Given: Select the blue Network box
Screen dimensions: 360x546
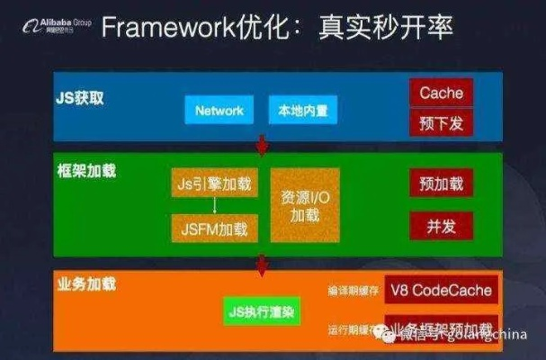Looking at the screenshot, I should tap(219, 111).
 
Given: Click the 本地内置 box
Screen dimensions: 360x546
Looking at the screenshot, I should tap(302, 111).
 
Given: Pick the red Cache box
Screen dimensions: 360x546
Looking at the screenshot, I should tap(441, 94).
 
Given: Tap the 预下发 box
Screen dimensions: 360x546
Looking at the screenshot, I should tap(441, 122).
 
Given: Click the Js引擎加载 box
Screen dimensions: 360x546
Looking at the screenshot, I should tap(213, 184).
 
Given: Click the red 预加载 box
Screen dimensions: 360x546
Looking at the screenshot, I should tap(441, 184).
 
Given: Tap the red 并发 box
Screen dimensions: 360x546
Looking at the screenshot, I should tap(441, 222).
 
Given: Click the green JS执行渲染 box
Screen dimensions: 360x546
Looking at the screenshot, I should tap(262, 312).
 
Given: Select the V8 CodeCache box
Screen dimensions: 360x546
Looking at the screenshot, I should tap(441, 291).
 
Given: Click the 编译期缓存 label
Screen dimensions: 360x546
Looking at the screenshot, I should tap(352, 292).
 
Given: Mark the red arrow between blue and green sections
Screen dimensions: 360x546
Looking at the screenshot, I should tap(263, 143).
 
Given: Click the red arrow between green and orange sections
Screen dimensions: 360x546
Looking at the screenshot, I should tap(263, 264).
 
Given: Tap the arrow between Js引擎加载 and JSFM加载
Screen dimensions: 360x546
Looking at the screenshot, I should tap(213, 206).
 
